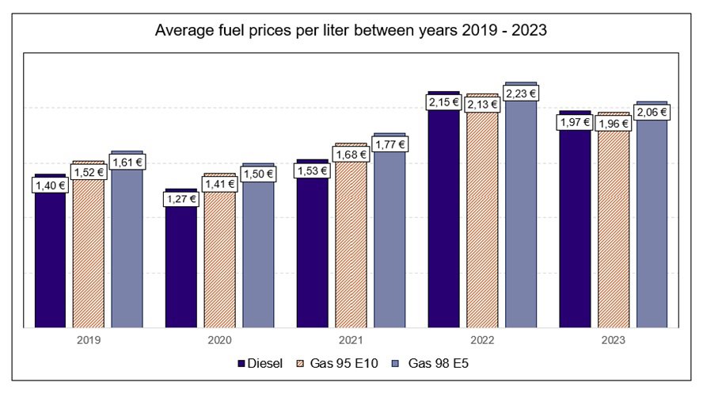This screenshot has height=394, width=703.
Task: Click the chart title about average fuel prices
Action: pos(351,31)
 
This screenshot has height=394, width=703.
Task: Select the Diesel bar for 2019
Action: pos(50,262)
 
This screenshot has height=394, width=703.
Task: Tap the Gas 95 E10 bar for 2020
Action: pos(219,262)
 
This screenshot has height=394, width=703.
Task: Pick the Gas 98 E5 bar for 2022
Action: pos(521,222)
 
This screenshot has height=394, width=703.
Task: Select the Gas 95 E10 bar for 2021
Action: pos(351,246)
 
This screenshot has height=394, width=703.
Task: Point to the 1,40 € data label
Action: pos(50,186)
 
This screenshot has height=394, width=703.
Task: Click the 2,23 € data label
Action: pos(521,93)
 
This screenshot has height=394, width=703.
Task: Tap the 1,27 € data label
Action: pos(181,199)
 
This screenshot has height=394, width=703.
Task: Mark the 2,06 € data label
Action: pos(652,113)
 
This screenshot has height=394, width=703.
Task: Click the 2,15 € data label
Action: pos(443,102)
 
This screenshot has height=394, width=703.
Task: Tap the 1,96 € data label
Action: pos(614,124)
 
